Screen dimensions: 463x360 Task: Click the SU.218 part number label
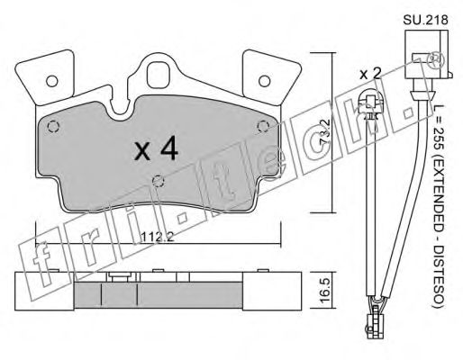425,21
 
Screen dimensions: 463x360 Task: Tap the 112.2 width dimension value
158,237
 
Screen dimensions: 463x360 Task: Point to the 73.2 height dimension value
325,132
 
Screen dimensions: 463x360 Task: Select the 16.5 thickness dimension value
325,291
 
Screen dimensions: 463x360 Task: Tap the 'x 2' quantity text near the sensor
370,74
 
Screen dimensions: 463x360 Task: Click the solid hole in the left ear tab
52,81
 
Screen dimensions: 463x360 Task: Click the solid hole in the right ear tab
264,81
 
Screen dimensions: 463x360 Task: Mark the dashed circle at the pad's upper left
54,127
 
